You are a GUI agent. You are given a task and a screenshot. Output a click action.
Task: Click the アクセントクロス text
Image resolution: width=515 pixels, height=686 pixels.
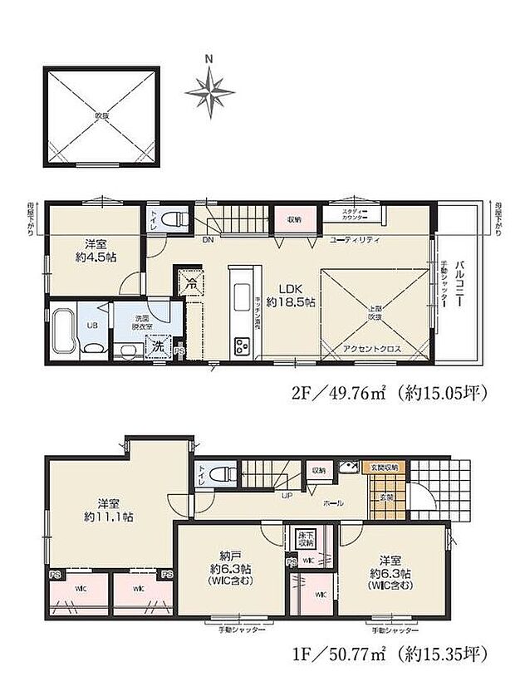pos(372,350)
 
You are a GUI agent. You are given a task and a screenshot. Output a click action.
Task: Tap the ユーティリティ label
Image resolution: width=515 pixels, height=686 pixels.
pos(354,239)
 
